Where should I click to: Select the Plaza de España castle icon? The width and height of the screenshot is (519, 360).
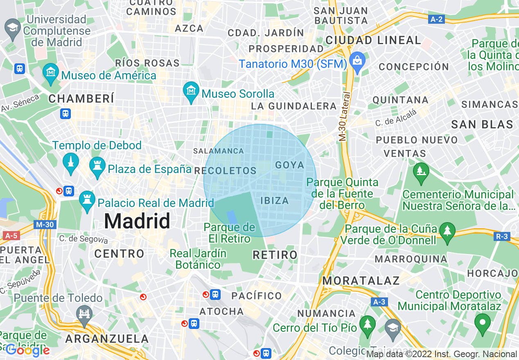tap(97, 166)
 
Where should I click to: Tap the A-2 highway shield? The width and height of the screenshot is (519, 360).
tap(437, 19)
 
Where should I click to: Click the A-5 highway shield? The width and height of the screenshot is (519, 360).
tap(11, 236)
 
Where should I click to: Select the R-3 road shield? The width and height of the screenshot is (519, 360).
tap(501, 236)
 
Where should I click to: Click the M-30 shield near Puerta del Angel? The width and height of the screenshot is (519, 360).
tap(44, 225)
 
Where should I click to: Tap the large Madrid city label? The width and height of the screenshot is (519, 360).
tap(137, 221)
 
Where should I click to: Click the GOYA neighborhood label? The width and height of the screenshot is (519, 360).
tap(290, 165)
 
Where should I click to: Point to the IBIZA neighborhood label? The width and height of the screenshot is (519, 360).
tap(275, 200)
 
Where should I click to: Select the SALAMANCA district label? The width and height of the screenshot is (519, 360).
tap(218, 151)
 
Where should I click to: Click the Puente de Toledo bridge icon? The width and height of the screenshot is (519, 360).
tap(84, 314)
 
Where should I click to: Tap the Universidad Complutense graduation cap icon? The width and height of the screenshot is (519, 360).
tap(13, 29)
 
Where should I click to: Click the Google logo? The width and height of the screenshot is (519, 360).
tap(28, 350)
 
